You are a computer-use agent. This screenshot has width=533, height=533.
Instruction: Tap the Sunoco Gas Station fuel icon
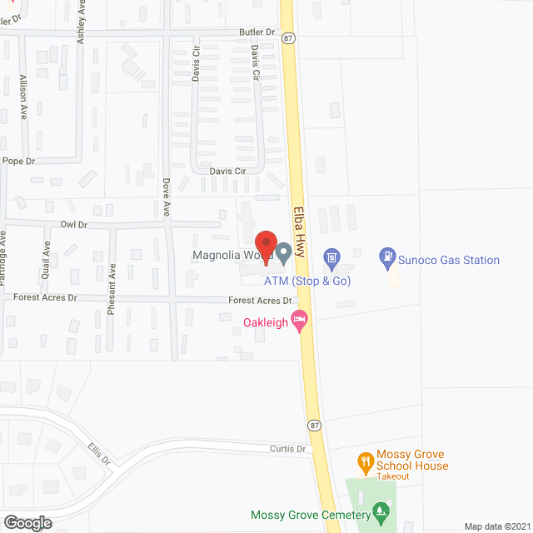click(x=386, y=259)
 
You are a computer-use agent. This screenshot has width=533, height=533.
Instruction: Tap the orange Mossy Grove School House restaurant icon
click(x=364, y=460)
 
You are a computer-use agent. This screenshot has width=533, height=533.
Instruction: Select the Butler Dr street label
click(x=257, y=32)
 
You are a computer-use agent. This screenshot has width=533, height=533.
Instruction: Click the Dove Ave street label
click(x=166, y=198)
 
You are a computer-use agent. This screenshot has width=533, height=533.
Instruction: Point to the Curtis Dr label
click(x=289, y=449)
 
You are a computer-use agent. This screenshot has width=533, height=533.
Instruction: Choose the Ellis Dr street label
click(x=98, y=455)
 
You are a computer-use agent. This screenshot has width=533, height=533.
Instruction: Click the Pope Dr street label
click(x=18, y=161)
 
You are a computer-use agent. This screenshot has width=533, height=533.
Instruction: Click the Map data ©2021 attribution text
click(x=496, y=526)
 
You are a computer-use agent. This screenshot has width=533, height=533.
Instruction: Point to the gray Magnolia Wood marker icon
click(x=284, y=251)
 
